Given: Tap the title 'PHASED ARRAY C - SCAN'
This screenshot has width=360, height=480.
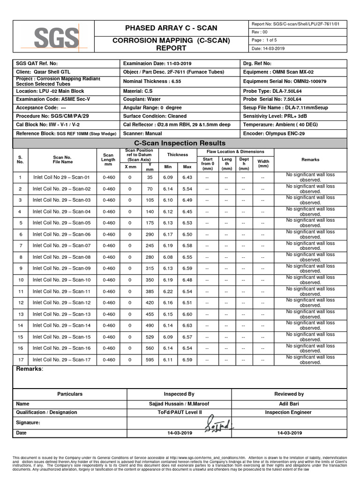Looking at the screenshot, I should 168,28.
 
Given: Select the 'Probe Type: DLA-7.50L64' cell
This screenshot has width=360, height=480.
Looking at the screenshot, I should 272,90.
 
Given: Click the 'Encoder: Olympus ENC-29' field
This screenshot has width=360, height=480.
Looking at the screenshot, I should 274,134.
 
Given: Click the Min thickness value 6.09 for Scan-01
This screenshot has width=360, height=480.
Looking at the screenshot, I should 167,178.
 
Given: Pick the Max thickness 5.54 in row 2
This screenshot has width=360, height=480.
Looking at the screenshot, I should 187,189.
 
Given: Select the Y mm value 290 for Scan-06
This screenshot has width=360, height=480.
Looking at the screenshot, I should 150,234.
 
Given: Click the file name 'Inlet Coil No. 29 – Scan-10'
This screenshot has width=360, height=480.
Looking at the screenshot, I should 61,280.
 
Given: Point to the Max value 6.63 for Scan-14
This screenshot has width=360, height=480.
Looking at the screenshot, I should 187,325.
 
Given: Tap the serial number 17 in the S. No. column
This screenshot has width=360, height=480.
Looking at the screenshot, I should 20,360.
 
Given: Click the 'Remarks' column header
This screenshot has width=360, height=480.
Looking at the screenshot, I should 310,160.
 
